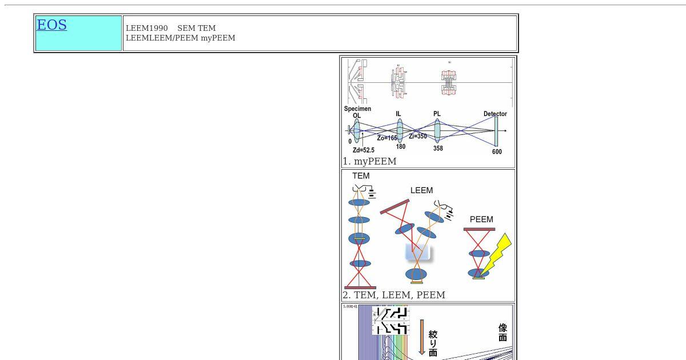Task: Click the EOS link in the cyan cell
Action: click(51, 25)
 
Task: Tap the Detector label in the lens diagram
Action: click(495, 114)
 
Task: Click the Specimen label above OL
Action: click(357, 109)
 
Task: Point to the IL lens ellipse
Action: click(400, 131)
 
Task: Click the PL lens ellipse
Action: click(437, 131)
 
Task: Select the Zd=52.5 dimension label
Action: click(364, 150)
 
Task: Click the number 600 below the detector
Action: click(497, 152)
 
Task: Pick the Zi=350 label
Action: click(418, 137)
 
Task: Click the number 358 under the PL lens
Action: click(438, 149)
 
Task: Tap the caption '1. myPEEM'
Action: click(369, 161)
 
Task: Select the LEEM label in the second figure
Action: click(421, 190)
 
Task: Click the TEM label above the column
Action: click(361, 176)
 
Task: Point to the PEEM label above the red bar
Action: click(481, 219)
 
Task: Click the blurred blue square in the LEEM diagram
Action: click(418, 253)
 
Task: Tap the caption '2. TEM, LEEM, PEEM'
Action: click(394, 295)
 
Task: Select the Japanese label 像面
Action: click(502, 333)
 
